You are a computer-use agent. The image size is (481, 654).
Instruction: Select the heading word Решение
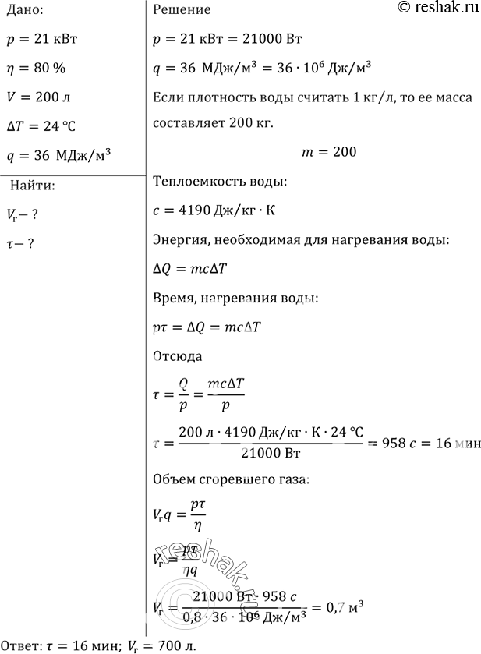[x=182, y=10]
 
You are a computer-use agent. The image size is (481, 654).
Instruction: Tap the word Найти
[x=32, y=186]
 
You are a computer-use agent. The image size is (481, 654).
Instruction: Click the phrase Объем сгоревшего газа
[x=231, y=481]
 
